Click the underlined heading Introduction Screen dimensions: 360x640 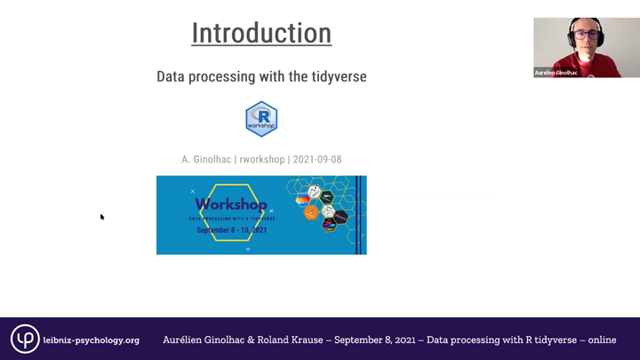tap(261, 34)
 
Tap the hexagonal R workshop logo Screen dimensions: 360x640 tap(261, 119)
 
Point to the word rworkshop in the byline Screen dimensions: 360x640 tap(261, 160)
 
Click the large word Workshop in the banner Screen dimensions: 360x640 tap(230, 204)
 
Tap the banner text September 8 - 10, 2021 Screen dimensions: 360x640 tap(231, 230)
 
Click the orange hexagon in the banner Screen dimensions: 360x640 tap(311, 212)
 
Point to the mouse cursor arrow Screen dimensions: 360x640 tap(101, 216)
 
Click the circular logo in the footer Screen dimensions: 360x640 tap(25, 339)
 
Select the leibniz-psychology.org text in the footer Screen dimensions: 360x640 tap(92, 340)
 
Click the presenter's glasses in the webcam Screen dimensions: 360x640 tap(585, 35)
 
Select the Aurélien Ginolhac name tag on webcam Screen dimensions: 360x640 tap(556, 72)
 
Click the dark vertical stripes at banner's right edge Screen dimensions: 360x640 tap(360, 214)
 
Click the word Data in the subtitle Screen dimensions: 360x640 tap(172, 77)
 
